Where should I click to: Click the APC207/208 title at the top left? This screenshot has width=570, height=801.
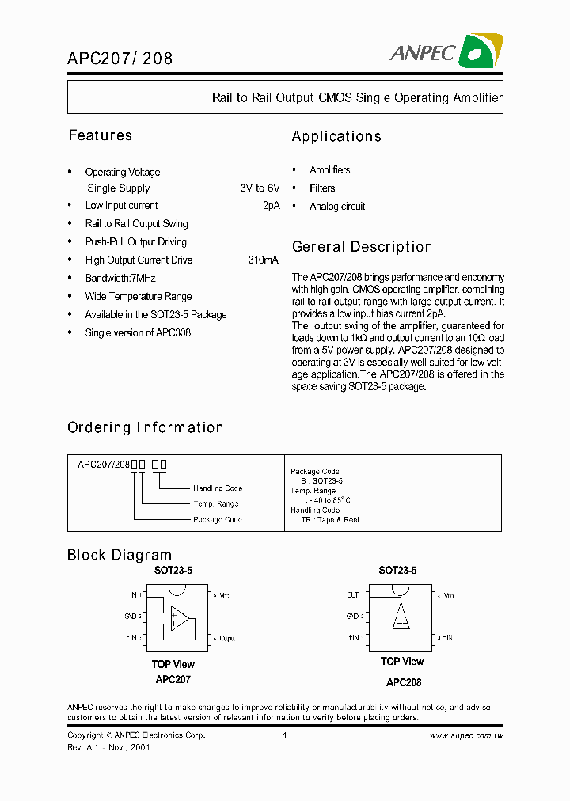(x=119, y=58)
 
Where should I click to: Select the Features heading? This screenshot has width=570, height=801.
(x=101, y=135)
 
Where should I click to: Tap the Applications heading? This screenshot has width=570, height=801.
(x=336, y=136)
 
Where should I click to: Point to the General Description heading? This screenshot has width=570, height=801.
(x=362, y=247)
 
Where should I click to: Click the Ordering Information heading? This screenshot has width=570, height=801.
(x=146, y=427)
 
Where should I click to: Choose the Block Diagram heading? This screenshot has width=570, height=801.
(x=120, y=555)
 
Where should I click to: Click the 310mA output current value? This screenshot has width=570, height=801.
(x=263, y=260)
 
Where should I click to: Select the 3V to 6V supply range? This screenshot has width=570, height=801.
(x=260, y=188)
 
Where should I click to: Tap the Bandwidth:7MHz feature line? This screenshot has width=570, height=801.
(x=120, y=278)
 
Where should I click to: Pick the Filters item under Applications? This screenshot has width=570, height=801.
(x=322, y=188)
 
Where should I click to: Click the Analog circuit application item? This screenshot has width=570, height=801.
(x=337, y=207)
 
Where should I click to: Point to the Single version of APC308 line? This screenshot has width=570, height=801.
(x=138, y=332)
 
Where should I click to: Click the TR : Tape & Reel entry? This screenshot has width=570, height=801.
(x=330, y=520)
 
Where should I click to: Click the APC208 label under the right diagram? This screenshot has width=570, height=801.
(x=404, y=682)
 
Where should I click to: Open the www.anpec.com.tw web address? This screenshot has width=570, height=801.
(x=466, y=735)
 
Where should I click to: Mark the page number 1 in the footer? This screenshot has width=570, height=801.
(x=284, y=735)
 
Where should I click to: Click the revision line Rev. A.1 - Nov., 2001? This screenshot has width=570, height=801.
(x=108, y=747)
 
